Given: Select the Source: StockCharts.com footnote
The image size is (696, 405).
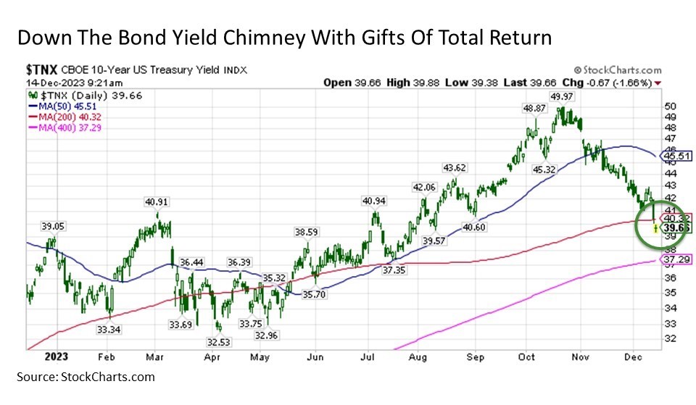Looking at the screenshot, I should pos(86,377).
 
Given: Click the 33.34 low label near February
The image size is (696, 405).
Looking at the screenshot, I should pos(109,329).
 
